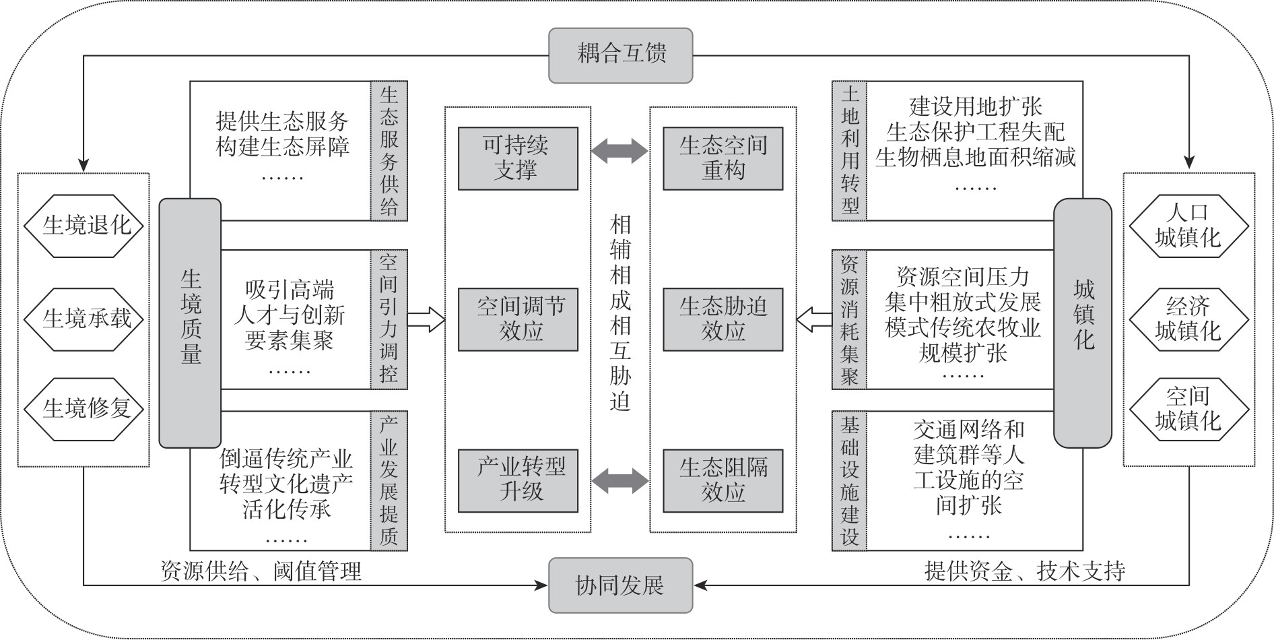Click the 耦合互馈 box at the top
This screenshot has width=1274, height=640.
tap(620, 55)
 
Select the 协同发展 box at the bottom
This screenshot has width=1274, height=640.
tap(620, 585)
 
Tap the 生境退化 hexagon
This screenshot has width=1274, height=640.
tap(85, 226)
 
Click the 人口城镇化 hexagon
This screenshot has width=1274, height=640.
tap(1188, 226)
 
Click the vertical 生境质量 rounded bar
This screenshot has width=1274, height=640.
tap(190, 323)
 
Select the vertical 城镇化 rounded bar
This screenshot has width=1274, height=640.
tap(1083, 323)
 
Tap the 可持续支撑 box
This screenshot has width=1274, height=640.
tap(518, 158)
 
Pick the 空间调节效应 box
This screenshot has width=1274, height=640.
tap(518, 319)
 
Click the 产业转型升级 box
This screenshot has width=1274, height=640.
tap(518, 480)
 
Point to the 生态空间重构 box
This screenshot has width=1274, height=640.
tap(723, 158)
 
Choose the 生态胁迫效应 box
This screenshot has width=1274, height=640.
tap(723, 319)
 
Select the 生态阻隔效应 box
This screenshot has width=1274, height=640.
tap(723, 480)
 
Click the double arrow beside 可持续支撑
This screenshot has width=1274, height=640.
tap(620, 151)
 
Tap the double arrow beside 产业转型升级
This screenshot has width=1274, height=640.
tap(620, 481)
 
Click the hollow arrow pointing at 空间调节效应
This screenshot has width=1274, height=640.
tap(426, 319)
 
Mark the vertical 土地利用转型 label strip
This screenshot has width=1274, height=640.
tap(850, 151)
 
